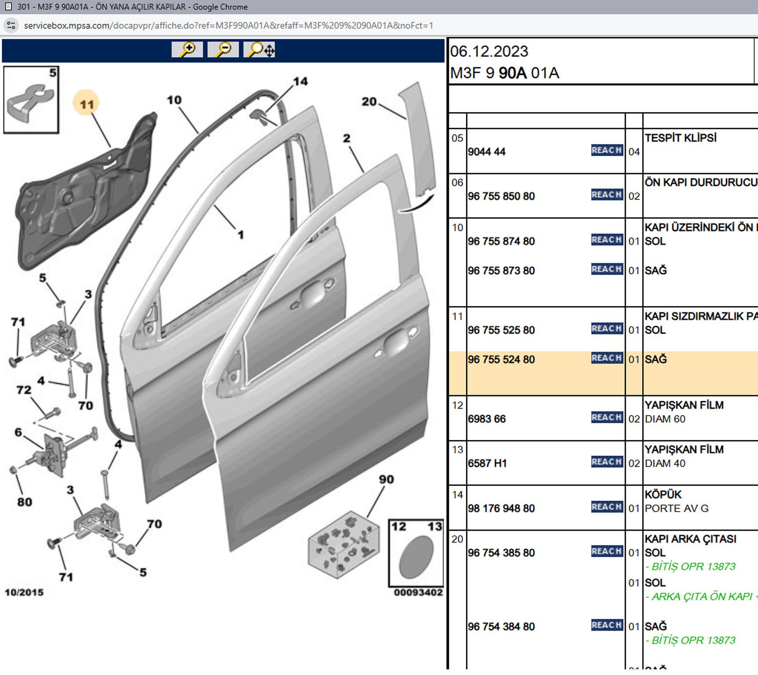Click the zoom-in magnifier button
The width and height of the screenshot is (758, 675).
pos(187,49)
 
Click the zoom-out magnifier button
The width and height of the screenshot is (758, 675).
pos(223,49)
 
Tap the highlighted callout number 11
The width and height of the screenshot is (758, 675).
pos(87,104)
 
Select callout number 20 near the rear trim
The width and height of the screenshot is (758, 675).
pos(369,102)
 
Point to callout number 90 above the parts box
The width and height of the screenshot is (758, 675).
pos(386,479)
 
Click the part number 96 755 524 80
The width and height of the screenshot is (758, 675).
pos(501,359)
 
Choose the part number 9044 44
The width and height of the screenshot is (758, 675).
pos(487,152)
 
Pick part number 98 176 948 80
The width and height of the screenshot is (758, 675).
pos(501,508)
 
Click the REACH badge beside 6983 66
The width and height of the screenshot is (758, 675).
pos(606,417)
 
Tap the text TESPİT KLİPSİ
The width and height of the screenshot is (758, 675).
pos(680,138)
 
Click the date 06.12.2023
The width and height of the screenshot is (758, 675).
pos(489,51)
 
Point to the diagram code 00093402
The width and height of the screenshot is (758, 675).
pos(418,592)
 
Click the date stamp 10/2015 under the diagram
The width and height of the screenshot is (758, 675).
pos(24,592)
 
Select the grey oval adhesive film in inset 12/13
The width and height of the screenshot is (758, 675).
pos(416,557)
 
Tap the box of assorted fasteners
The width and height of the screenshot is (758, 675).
pos(343,544)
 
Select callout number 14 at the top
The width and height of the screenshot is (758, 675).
pos(300,81)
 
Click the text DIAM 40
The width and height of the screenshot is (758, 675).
pos(665,463)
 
